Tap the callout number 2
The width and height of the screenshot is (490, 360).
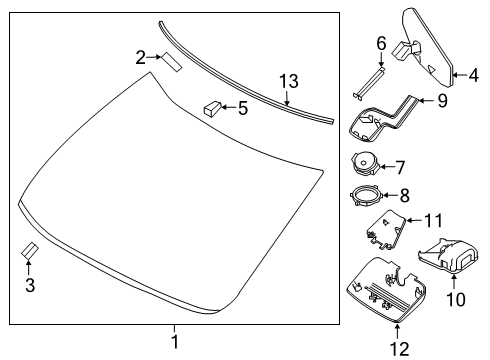[141, 56]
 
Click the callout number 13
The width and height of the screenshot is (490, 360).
[288, 81]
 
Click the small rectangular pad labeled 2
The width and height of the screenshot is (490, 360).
[171, 64]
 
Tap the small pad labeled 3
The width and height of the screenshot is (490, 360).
[29, 250]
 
